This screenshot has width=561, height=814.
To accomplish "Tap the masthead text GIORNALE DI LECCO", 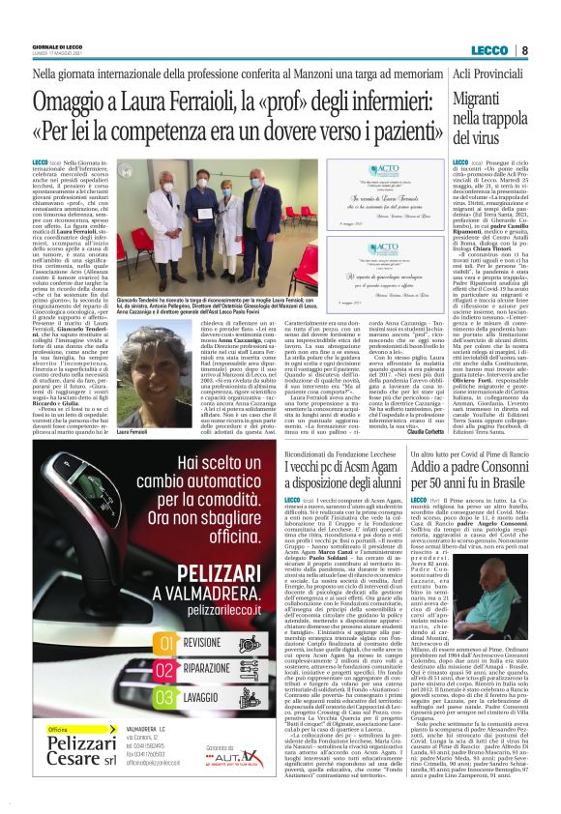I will tap(59, 46).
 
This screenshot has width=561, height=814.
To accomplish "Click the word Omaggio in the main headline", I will tap(75, 102).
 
